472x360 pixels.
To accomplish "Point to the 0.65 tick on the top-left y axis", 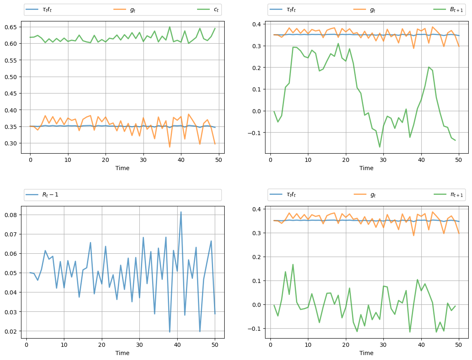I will pyautogui.click(x=12, y=27).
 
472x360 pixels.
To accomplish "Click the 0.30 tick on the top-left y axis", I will pyautogui.click(x=12, y=143).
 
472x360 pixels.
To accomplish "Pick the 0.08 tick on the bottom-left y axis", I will pyautogui.click(x=12, y=215).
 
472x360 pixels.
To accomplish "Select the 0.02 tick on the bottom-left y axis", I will pyautogui.click(x=12, y=331).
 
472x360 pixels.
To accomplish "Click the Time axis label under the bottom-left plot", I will pyautogui.click(x=122, y=353).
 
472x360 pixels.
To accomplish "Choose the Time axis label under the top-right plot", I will pyautogui.click(x=366, y=168).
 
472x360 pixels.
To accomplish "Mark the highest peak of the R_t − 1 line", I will pyautogui.click(x=181, y=212).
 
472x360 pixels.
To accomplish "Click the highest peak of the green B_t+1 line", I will pyautogui.click(x=338, y=43).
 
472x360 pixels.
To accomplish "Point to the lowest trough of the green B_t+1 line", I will pyautogui.click(x=380, y=147).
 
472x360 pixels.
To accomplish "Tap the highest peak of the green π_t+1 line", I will pyautogui.click(x=293, y=264).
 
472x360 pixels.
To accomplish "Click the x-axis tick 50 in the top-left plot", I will pyautogui.click(x=218, y=159).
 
